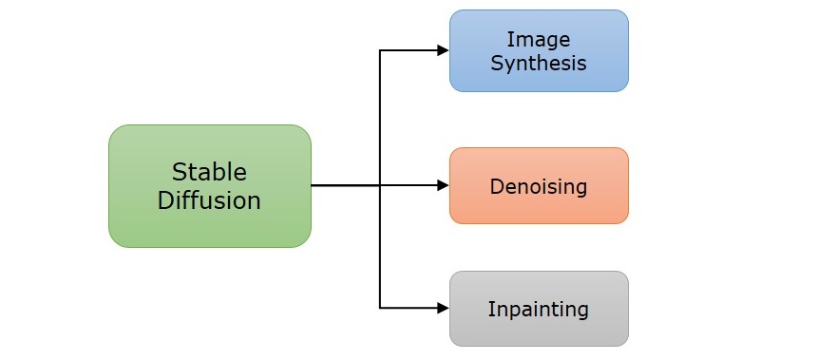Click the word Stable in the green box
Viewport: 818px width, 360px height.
point(209,172)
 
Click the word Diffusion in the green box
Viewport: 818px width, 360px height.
point(209,200)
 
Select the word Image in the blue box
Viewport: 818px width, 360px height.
point(538,40)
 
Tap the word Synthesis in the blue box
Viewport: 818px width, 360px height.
point(538,64)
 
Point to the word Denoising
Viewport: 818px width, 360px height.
point(538,186)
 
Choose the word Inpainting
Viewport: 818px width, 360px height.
point(538,309)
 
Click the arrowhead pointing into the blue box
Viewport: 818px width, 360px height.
point(443,50)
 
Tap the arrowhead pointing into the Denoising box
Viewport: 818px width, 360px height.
point(443,185)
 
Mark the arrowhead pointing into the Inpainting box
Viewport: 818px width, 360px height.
point(443,308)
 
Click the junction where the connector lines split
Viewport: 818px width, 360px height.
point(380,185)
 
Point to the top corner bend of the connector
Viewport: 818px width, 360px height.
point(380,50)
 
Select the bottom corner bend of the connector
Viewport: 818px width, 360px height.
point(380,308)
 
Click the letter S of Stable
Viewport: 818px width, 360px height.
point(179,172)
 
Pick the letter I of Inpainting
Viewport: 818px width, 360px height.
point(490,309)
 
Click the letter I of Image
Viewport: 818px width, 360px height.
point(509,40)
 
